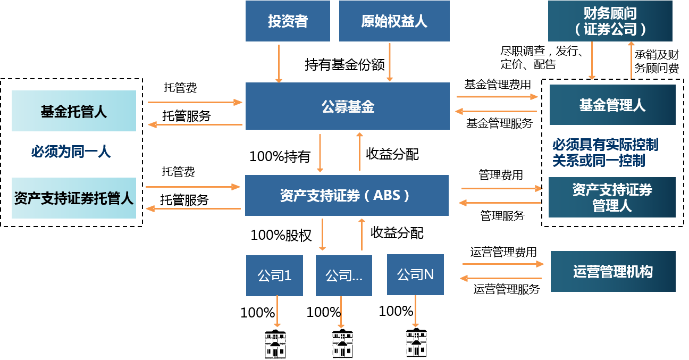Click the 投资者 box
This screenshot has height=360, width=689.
pyautogui.click(x=288, y=21)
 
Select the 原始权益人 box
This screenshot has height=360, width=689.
pyautogui.click(x=394, y=21)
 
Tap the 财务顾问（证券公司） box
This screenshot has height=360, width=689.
pyautogui.click(x=610, y=21)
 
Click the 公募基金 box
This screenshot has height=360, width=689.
pyautogui.click(x=347, y=106)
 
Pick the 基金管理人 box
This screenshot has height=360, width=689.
pyautogui.click(x=612, y=105)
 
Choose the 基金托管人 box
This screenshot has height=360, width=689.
pyautogui.click(x=74, y=111)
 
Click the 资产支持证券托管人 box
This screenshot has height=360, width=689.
pyautogui.click(x=74, y=198)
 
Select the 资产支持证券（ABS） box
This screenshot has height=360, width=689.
pyautogui.click(x=347, y=195)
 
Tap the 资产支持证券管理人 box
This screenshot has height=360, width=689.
pyautogui.click(x=612, y=197)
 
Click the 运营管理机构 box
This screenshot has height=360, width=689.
pyautogui.click(x=613, y=272)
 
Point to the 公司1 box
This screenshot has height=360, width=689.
pyautogui.click(x=274, y=275)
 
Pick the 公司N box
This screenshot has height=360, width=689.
pyautogui.click(x=415, y=274)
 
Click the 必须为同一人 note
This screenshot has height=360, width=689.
pyautogui.click(x=71, y=152)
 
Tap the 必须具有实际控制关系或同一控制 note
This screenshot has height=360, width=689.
pyautogui.click(x=605, y=153)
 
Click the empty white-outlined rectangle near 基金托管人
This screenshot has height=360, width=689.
pyautogui.click(x=190, y=116)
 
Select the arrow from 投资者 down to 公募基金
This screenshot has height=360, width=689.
pyautogui.click(x=279, y=63)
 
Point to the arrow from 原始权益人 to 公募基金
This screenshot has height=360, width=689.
pyautogui.click(x=390, y=62)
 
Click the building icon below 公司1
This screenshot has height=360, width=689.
pyautogui.click(x=275, y=345)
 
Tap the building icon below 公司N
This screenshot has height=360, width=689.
pyautogui.click(x=415, y=345)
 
